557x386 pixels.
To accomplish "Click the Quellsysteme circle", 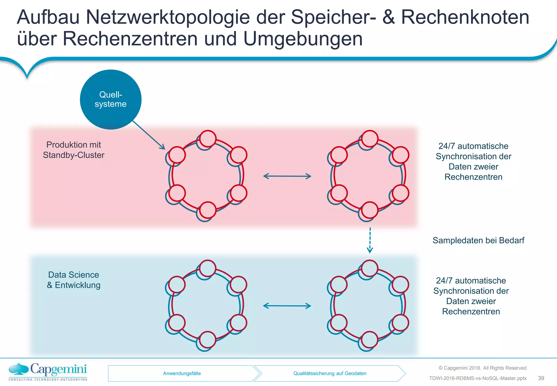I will (x=110, y=99).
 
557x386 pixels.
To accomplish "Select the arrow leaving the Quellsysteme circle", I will (x=148, y=135).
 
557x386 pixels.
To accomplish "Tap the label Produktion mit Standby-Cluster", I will (x=73, y=150).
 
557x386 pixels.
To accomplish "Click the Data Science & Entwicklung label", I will (x=73, y=280).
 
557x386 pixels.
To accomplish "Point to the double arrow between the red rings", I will (x=287, y=176).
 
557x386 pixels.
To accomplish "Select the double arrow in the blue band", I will (x=287, y=306).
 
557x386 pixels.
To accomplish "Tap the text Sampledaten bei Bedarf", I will (x=478, y=240).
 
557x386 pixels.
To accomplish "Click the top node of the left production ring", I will (x=208, y=139).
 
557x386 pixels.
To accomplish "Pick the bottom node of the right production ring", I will (x=370, y=210).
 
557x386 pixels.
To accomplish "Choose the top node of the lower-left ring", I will (x=208, y=268).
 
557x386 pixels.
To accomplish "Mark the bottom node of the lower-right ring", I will (x=369, y=340).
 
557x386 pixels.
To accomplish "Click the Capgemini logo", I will (x=48, y=372).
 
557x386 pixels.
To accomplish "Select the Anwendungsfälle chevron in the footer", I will (x=182, y=373).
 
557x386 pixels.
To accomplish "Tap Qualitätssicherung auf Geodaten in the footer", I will (x=330, y=373).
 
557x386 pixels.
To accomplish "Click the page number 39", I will (x=541, y=378).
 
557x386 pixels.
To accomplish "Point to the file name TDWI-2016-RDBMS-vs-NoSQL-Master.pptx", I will (x=478, y=378).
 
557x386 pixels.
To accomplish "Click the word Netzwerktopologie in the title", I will (x=168, y=17).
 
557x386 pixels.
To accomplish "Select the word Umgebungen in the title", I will (x=303, y=39).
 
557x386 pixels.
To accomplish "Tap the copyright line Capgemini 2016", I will (x=482, y=368).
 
